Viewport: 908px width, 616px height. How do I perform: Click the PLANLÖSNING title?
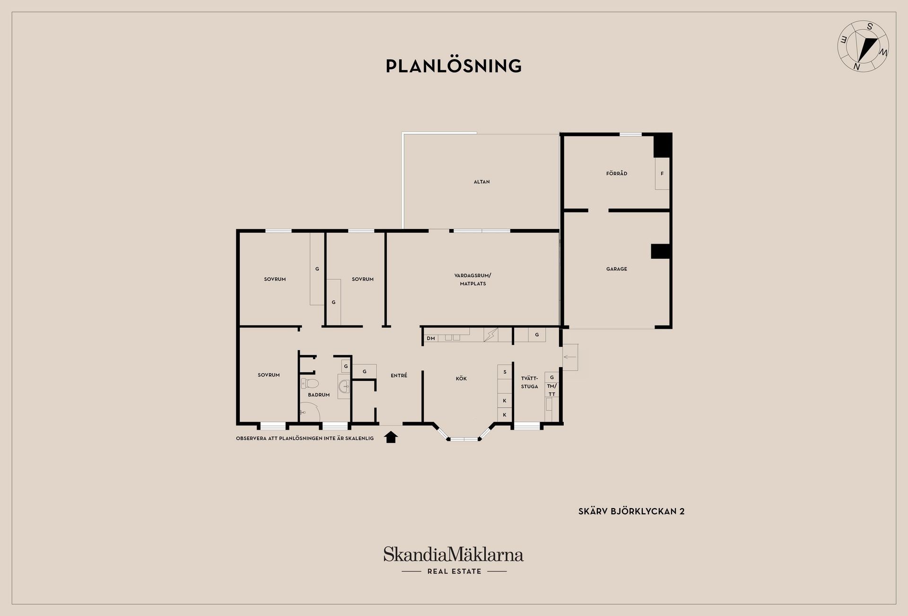(x=454, y=66)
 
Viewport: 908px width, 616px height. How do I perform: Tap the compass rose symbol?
(x=863, y=53)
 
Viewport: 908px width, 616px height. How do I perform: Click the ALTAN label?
(x=482, y=182)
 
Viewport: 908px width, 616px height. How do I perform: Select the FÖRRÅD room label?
(x=617, y=174)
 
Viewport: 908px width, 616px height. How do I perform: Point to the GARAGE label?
(x=617, y=269)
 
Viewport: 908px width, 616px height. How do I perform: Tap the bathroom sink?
(x=344, y=387)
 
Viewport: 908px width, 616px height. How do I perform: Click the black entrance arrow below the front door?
(x=391, y=437)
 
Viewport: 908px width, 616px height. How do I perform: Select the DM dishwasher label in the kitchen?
(x=431, y=338)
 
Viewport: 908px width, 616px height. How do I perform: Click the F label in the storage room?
(x=662, y=174)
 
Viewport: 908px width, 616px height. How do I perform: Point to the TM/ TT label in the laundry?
(x=552, y=390)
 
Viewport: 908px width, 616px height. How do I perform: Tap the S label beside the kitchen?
(x=505, y=372)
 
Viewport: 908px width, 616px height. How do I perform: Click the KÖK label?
(x=461, y=378)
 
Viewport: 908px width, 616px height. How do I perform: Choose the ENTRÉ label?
(x=399, y=375)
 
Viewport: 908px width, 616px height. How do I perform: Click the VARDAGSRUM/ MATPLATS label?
(x=473, y=280)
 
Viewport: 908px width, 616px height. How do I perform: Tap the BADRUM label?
(x=319, y=395)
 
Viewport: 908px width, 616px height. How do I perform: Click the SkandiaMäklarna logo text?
(x=454, y=554)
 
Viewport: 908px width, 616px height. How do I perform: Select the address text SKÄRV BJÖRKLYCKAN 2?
(x=631, y=511)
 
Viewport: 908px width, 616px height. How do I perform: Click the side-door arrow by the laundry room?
(x=570, y=357)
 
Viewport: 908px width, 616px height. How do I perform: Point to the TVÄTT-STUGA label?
(x=530, y=382)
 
